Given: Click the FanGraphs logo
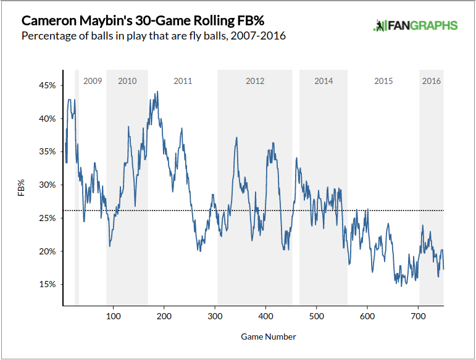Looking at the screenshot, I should (x=415, y=25).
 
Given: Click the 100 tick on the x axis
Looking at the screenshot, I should (x=113, y=317).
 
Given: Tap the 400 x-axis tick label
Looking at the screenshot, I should (x=265, y=317).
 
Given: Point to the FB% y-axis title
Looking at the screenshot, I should (x=21, y=187).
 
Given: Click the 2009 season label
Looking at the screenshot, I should (x=92, y=81).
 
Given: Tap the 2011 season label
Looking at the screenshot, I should (x=183, y=81).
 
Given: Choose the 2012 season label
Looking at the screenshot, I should (x=255, y=81).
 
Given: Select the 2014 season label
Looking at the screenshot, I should (x=324, y=81).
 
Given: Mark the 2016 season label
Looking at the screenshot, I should (x=431, y=81).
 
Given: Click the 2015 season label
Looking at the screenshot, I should (x=383, y=81).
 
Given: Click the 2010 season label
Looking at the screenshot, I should (x=127, y=81).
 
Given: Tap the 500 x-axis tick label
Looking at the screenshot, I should (x=316, y=317).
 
